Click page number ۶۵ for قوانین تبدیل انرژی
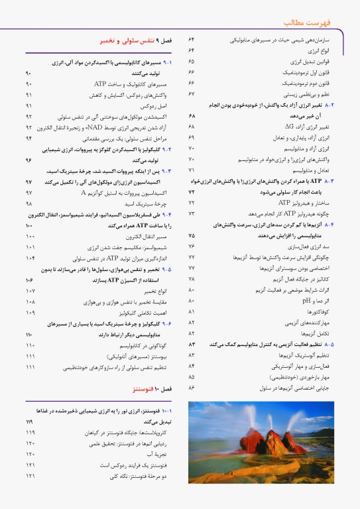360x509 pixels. (191, 61)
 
